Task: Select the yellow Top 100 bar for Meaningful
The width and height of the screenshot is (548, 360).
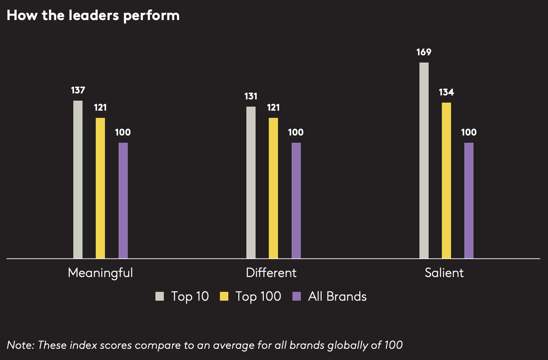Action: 100,188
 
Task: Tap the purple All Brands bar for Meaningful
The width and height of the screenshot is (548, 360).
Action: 123,200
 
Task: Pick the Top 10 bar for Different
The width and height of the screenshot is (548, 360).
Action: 251,182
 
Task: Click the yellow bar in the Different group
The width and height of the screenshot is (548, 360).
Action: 273,188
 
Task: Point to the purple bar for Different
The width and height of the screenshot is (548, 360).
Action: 296,200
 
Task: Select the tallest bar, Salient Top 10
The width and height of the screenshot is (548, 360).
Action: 424,160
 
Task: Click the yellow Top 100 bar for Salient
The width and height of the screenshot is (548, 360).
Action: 446,180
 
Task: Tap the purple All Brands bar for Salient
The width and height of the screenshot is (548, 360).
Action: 469,200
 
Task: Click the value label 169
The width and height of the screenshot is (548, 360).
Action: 423,52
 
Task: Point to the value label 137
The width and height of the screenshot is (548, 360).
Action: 78,91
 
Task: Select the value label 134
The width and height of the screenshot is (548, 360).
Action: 446,93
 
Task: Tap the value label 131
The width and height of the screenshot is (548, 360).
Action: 251,97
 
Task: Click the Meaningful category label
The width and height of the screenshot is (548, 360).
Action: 100,273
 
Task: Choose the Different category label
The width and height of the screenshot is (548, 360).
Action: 271,273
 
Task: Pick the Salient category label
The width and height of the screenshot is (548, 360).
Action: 444,273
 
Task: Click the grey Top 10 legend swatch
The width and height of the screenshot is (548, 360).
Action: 160,297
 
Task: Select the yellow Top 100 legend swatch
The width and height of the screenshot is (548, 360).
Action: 224,297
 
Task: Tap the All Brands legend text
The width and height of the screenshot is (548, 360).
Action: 337,297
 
